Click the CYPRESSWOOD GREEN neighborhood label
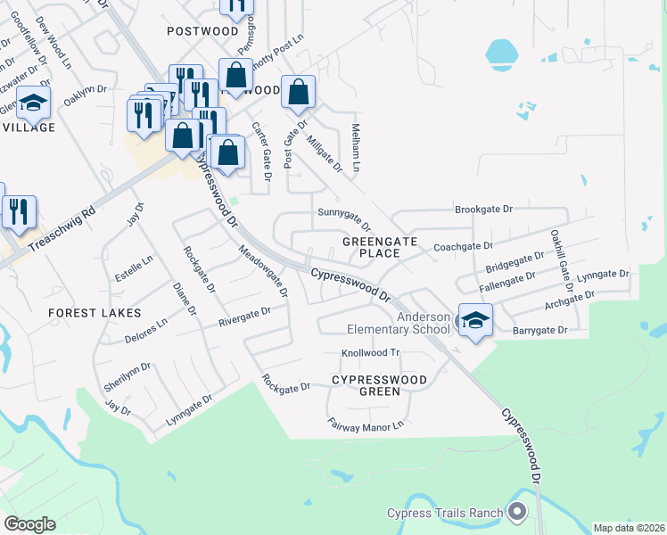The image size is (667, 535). click(379, 385)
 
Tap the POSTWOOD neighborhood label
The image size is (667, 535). click(203, 30)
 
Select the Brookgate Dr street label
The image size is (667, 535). click(484, 210)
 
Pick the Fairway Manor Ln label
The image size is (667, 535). click(366, 425)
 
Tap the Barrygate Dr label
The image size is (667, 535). click(540, 331)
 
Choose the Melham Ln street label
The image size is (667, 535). click(358, 148)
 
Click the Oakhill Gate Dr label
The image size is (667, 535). click(560, 254)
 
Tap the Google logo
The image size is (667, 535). click(29, 524)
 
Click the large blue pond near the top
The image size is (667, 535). click(502, 55)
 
